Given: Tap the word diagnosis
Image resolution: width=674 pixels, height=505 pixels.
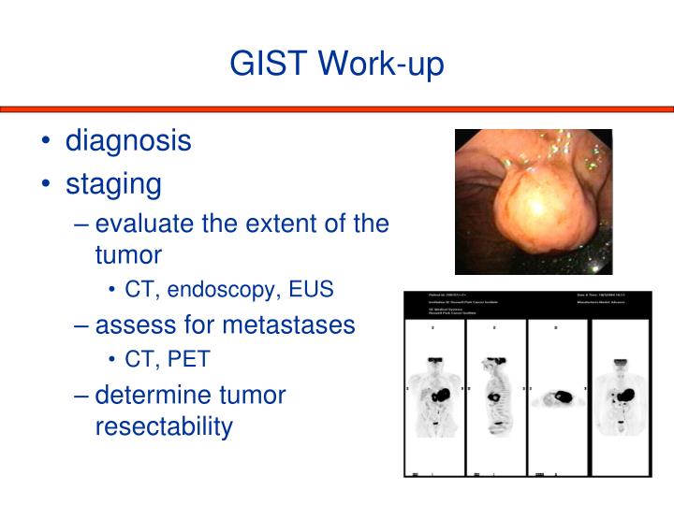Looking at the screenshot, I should [128, 141].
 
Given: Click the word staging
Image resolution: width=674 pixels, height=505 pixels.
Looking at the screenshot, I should [113, 183].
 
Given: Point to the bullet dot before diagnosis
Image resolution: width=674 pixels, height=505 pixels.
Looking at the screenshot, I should [46, 142].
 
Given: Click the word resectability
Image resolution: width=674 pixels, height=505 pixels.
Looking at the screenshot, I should [164, 426].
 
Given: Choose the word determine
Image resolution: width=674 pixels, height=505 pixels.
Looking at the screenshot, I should [155, 394].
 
